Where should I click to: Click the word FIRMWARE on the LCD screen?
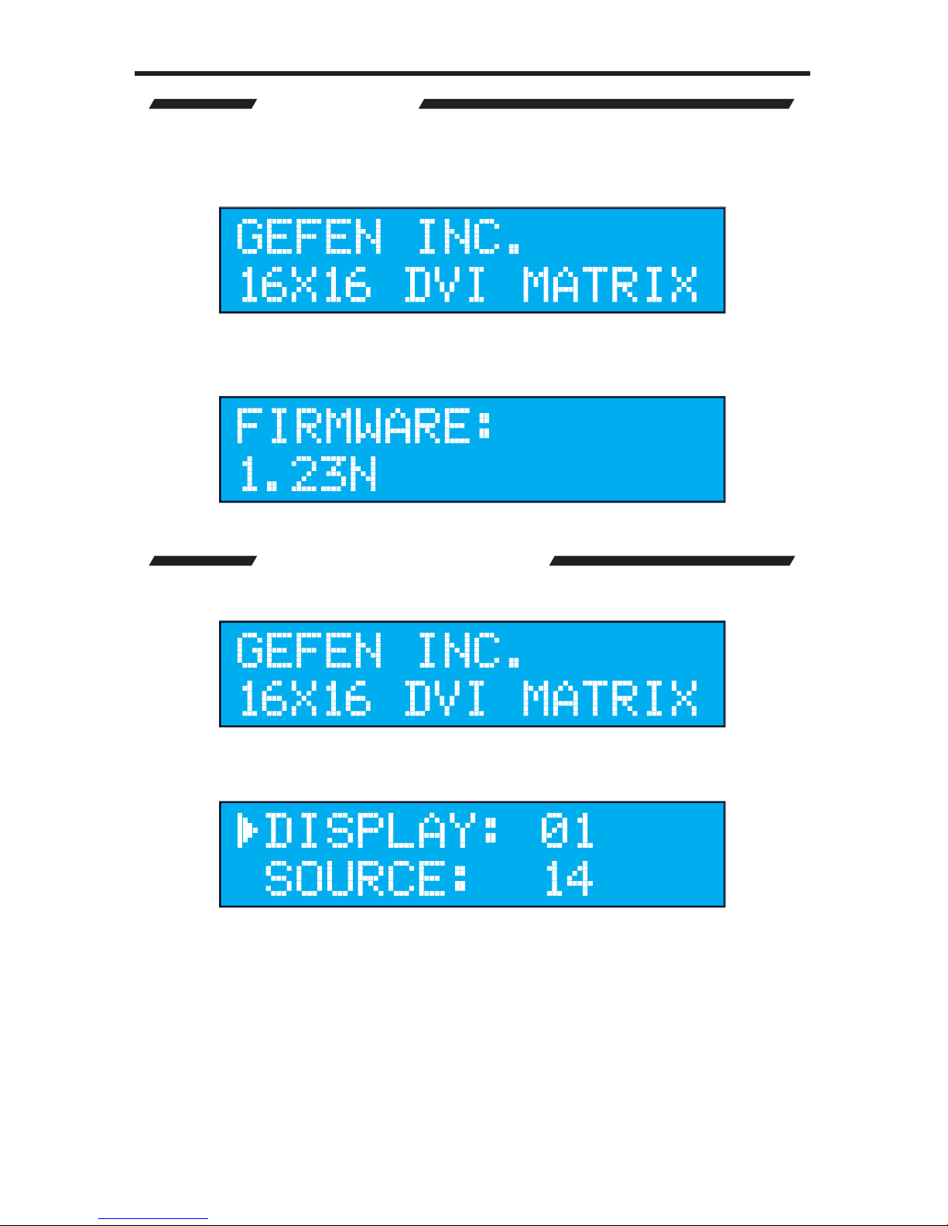(x=353, y=425)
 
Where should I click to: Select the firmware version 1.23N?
(x=308, y=474)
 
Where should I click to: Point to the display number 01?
(x=567, y=830)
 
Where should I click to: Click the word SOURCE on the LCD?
(x=355, y=878)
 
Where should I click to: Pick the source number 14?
(x=569, y=878)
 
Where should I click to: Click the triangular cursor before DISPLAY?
(x=247, y=830)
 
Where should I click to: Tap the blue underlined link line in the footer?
(x=153, y=1219)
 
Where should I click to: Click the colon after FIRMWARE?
(x=484, y=426)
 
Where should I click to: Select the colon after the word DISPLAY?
(x=490, y=831)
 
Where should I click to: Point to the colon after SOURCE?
(x=460, y=879)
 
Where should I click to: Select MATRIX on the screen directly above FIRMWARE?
(x=610, y=285)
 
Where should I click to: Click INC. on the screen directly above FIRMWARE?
(x=469, y=236)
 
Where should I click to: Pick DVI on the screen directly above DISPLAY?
(x=445, y=698)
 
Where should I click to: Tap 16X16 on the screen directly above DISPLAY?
(x=305, y=698)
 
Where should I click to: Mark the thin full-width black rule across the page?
(x=472, y=73)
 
